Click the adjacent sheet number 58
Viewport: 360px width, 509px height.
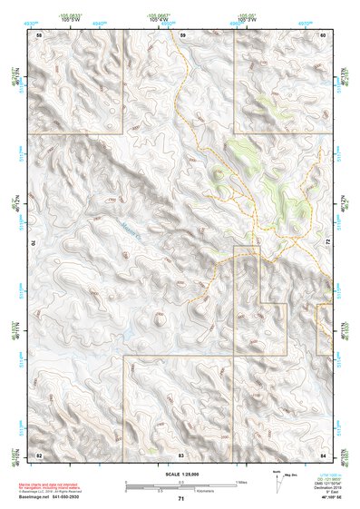tap(39, 34)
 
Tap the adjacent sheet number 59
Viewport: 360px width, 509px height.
tap(182, 34)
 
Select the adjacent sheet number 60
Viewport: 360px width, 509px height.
tap(323, 34)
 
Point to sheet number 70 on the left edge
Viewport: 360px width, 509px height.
tap(39, 242)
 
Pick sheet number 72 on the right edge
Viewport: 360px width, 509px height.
tap(327, 242)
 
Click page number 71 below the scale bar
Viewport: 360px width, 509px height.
tap(181, 499)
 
